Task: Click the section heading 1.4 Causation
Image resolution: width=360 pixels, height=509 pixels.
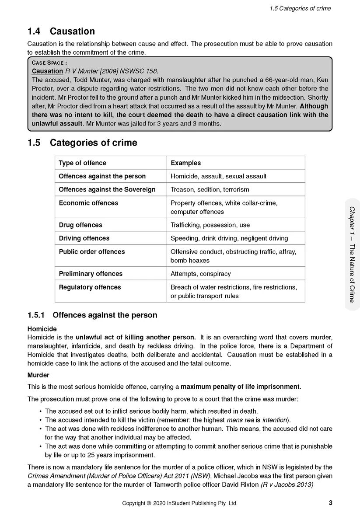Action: (61, 31)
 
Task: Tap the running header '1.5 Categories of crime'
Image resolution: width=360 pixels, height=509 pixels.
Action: (300, 8)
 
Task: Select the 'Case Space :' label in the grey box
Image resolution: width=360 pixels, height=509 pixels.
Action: (49, 63)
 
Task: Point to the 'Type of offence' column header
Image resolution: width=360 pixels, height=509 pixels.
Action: (82, 163)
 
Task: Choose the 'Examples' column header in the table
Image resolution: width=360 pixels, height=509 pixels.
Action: (185, 163)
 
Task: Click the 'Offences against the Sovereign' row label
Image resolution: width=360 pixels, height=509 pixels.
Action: (107, 190)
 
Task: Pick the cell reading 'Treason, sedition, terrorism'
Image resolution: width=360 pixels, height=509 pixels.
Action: (210, 190)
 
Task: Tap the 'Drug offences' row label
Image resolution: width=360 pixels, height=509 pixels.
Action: (80, 225)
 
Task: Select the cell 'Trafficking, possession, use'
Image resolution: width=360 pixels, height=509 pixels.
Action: (210, 225)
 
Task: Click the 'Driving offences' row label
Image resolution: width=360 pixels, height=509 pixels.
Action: (84, 238)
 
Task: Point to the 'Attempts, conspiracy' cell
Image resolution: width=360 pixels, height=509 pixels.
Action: (200, 274)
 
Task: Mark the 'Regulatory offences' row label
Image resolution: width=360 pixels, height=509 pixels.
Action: (90, 287)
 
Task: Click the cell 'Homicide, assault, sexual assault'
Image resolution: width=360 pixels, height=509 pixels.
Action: (218, 176)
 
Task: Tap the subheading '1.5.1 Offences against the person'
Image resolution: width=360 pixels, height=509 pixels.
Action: (92, 315)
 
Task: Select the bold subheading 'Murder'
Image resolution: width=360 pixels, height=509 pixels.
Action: (38, 375)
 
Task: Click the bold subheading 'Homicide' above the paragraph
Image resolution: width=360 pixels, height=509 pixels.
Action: (42, 329)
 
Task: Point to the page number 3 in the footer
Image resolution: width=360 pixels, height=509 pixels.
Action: (330, 502)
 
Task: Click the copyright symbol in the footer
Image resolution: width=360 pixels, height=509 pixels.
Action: (149, 503)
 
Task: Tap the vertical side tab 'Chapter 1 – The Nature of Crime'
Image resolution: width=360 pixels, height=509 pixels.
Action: (352, 254)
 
